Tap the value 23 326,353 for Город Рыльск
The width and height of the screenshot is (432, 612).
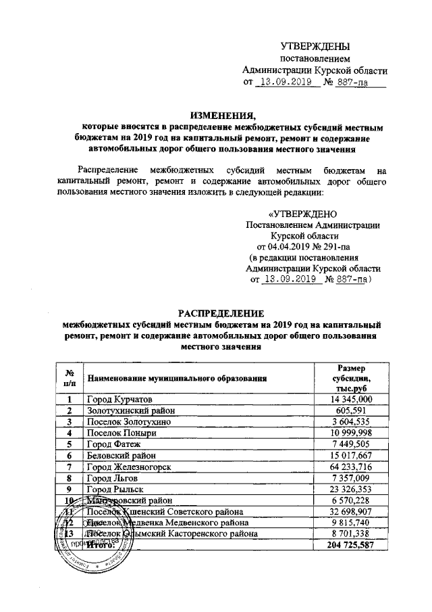[350, 488]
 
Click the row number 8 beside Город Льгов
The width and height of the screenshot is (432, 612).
[69, 477]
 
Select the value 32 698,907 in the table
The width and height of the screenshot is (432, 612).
[350, 510]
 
